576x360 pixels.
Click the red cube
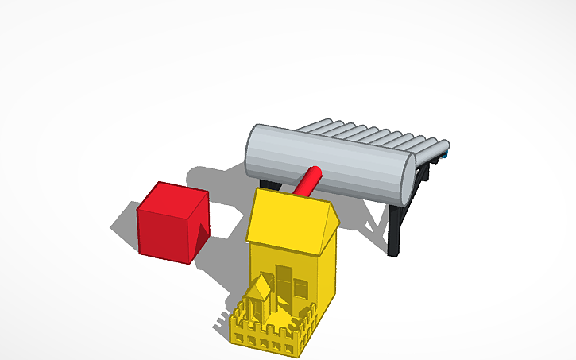[170, 224]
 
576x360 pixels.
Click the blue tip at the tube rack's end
[447, 154]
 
